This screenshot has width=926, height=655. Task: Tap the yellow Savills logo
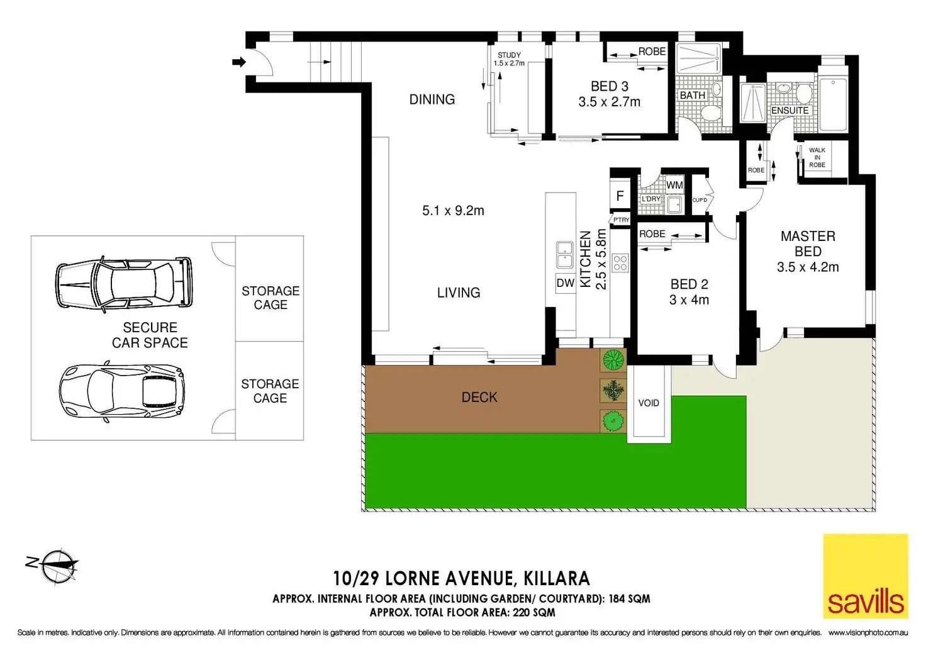866,576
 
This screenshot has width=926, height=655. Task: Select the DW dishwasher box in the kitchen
565,283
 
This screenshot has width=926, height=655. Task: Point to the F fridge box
620,196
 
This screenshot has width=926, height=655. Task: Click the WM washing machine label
674,185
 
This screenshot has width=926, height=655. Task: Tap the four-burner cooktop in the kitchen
620,263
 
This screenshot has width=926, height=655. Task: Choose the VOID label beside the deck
649,403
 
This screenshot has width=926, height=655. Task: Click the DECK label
479,397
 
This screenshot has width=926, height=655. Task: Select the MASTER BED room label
808,244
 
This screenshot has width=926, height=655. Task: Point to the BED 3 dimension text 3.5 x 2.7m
609,102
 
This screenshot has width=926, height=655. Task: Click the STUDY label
509,55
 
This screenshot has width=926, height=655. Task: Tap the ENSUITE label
789,110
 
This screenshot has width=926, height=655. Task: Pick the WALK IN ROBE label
817,157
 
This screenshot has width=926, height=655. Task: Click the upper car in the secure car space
123,283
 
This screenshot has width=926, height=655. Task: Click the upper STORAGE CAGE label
271,298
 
